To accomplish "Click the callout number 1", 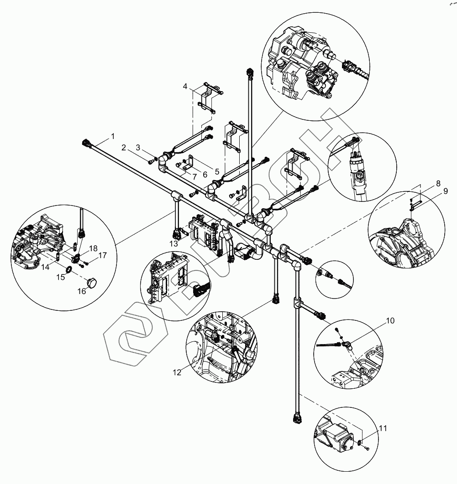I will pos(113,136).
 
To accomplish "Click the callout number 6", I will pos(204,175).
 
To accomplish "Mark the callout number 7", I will pos(194,176).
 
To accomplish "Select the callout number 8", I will pos(438,184).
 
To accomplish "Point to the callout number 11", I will pos(383,428).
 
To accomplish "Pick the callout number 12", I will pos(177,372).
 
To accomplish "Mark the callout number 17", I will pos(102,256).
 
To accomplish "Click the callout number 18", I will pos(93,248).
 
